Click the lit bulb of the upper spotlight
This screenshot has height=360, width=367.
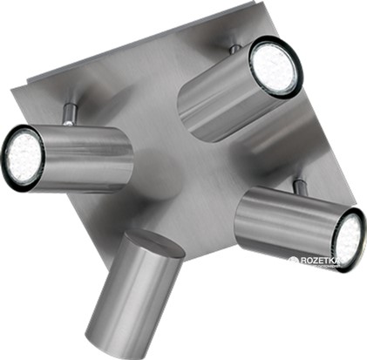pos(276,67)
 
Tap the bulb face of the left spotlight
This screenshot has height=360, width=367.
pos(24,158)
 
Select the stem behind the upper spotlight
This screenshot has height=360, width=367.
pos(235,49)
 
